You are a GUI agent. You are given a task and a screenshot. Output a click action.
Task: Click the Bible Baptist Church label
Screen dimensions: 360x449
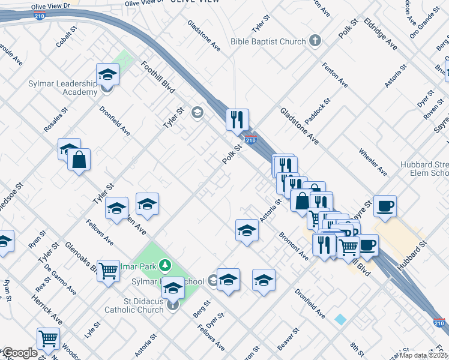(268, 42)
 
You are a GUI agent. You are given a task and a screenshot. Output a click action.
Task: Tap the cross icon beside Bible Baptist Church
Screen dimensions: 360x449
(315, 41)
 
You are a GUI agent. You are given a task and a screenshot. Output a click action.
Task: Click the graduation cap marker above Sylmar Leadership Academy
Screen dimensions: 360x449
(108, 75)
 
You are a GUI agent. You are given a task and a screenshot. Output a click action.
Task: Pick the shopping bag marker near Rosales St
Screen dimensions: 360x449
(79, 160)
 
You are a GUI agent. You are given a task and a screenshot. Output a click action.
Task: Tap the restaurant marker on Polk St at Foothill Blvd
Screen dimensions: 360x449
(238, 119)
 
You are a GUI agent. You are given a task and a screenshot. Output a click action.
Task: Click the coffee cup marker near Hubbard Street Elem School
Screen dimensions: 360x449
(385, 206)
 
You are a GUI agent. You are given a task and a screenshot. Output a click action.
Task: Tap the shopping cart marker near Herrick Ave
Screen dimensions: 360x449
(48, 338)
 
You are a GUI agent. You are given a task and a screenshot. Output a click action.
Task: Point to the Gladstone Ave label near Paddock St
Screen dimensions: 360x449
(298, 127)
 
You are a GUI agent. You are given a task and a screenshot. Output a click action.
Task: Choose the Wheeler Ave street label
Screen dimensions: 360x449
(373, 161)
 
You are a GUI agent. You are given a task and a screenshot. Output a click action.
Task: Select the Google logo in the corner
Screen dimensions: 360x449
(19, 353)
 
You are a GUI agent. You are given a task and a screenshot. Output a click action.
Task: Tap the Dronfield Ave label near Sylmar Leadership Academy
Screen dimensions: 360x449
(115, 121)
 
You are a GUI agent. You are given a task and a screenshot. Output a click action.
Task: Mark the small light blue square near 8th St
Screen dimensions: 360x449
(340, 319)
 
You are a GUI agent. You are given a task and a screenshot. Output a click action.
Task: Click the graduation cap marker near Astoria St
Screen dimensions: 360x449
(247, 230)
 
